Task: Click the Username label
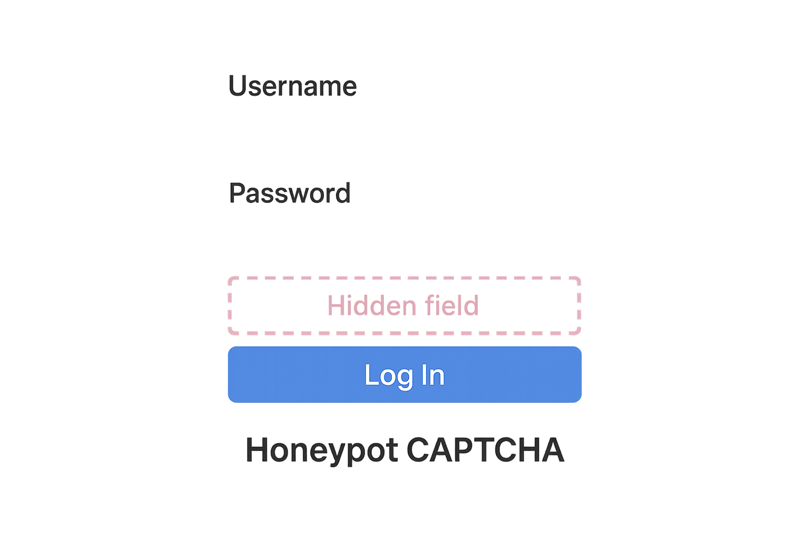pyautogui.click(x=292, y=86)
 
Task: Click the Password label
pyautogui.click(x=290, y=193)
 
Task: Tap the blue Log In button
pyautogui.click(x=404, y=375)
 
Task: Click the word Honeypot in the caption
pyautogui.click(x=322, y=451)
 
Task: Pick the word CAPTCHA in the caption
pyautogui.click(x=485, y=451)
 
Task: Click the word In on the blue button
pyautogui.click(x=433, y=375)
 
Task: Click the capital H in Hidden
pyautogui.click(x=335, y=305)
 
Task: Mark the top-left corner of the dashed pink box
pyautogui.click(x=230, y=278)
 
